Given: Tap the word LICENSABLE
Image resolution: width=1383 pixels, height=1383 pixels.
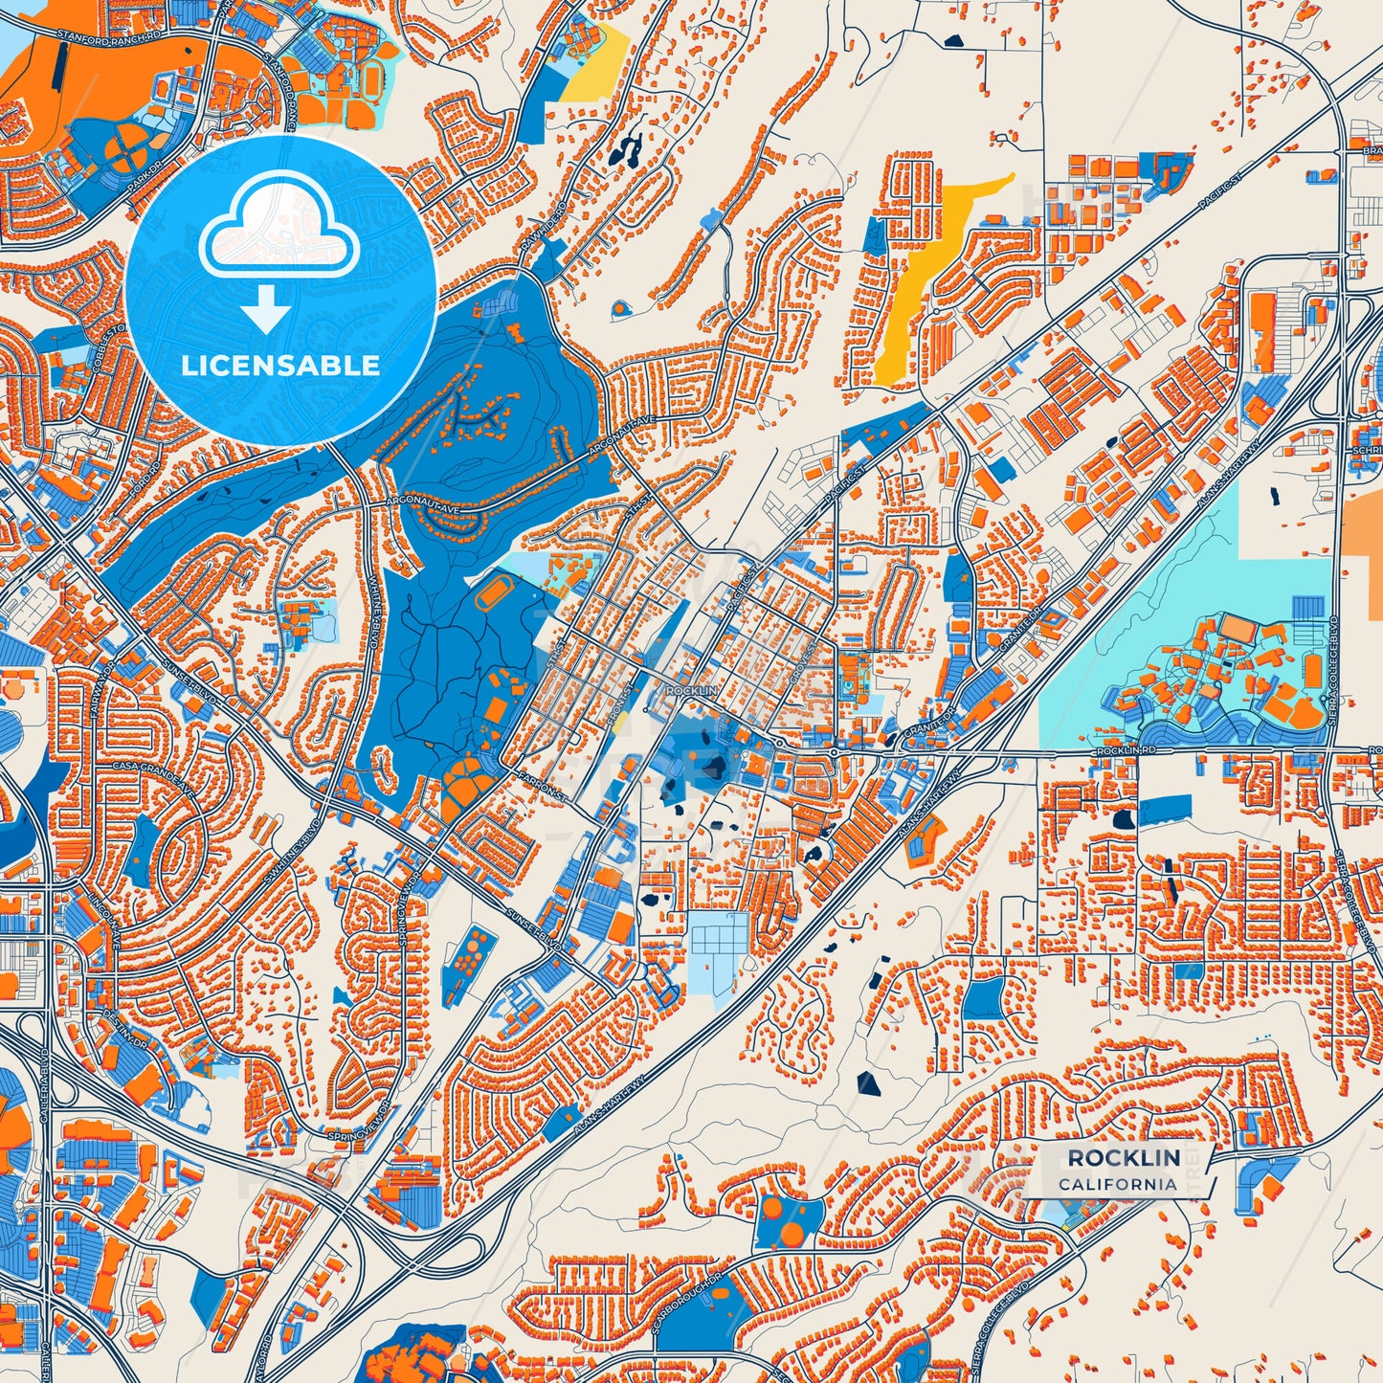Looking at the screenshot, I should pyautogui.click(x=280, y=366).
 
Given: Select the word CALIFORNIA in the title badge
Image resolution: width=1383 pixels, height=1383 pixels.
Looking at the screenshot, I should pyautogui.click(x=1117, y=1184).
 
